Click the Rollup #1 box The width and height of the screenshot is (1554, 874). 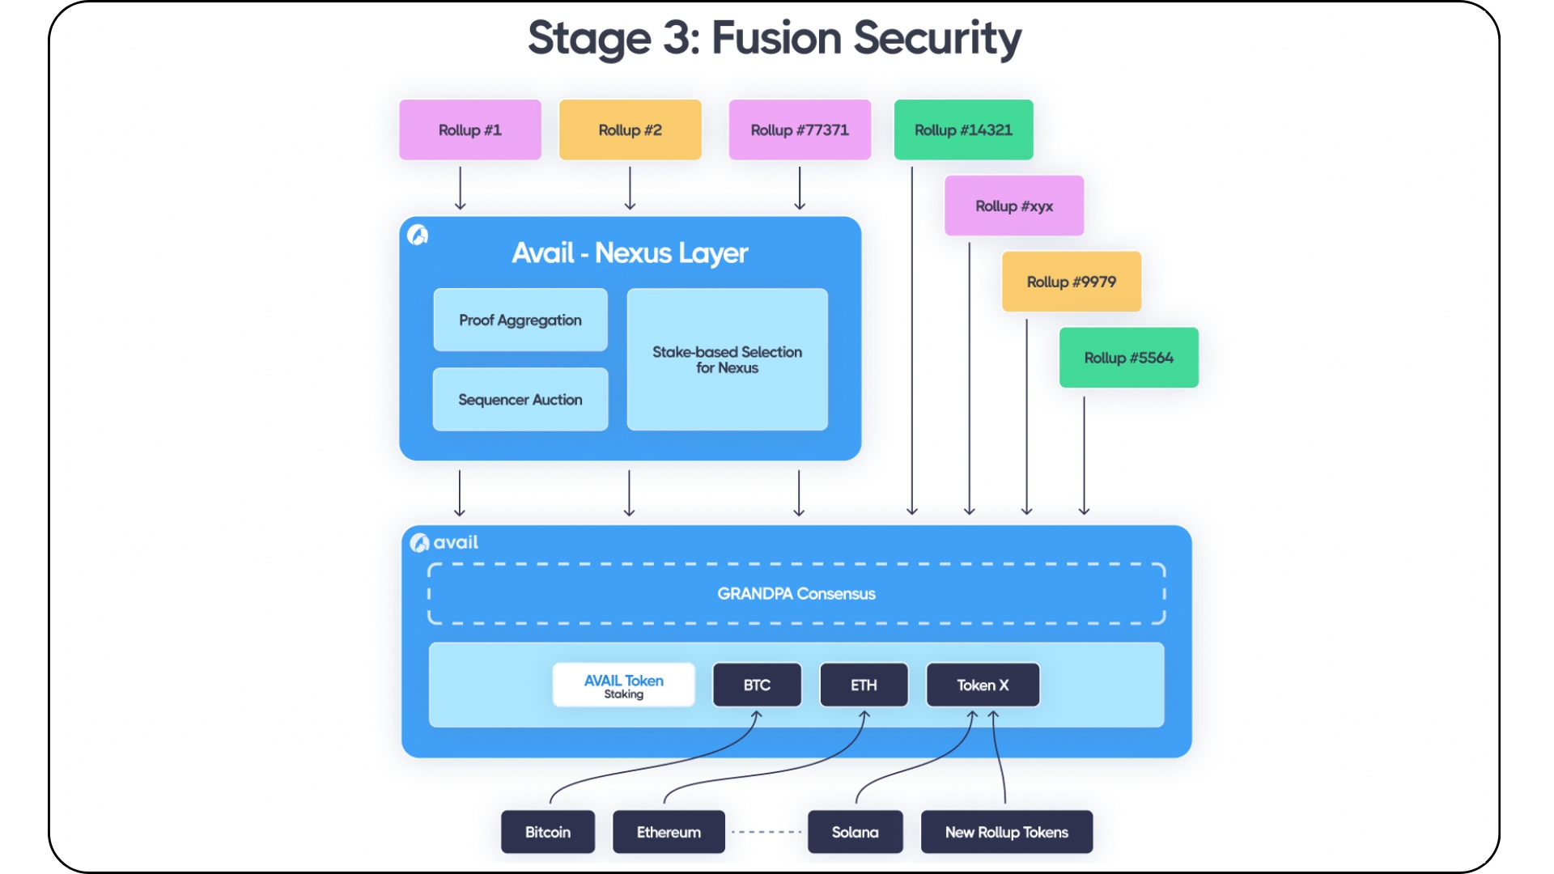[x=469, y=129]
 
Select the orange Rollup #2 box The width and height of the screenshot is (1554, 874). [x=630, y=129]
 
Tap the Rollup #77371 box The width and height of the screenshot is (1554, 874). [x=800, y=129]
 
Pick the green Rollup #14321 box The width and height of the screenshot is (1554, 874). [x=963, y=129]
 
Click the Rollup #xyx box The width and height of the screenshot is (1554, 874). [x=1014, y=206]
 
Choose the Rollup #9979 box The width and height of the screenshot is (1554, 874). [x=1071, y=282]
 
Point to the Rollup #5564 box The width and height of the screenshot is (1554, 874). [x=1128, y=358]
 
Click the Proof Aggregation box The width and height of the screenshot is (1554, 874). [x=520, y=320]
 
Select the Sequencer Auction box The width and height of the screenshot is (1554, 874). [x=520, y=399]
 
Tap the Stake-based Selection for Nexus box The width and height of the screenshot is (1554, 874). [x=727, y=359]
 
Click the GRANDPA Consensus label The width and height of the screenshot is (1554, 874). [x=796, y=593]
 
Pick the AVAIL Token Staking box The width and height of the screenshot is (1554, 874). [x=623, y=685]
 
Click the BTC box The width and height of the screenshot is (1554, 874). [x=757, y=685]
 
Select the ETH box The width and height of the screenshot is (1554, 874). [x=864, y=685]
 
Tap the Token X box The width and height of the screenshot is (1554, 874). [x=983, y=685]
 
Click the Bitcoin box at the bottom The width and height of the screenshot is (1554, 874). [x=548, y=832]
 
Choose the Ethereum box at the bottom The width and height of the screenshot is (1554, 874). [x=669, y=832]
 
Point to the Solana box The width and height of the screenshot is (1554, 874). [x=855, y=832]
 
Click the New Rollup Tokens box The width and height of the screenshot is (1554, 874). [x=1007, y=832]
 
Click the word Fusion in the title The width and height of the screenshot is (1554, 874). [x=776, y=38]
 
